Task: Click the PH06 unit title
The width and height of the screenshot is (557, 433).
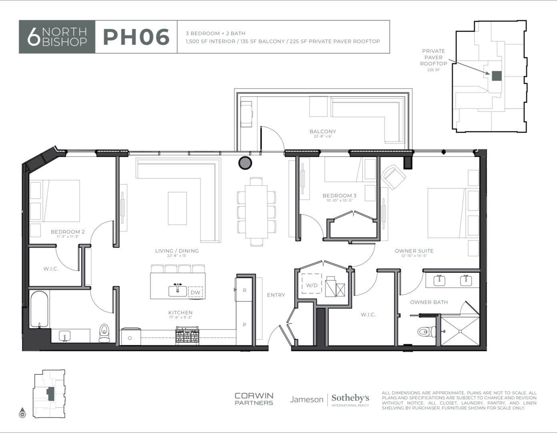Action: [x=136, y=37]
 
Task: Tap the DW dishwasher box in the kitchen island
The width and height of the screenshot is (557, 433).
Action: [x=195, y=292]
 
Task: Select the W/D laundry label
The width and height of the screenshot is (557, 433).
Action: [x=312, y=285]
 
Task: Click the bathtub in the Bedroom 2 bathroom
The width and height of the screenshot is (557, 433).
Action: [x=39, y=309]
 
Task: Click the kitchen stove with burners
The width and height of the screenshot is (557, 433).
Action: [x=187, y=334]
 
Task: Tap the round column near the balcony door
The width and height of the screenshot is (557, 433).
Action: [x=245, y=163]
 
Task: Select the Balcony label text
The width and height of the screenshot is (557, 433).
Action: [x=323, y=132]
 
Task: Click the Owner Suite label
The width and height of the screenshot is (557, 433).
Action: [x=414, y=251]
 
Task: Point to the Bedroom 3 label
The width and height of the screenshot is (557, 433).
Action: [x=339, y=196]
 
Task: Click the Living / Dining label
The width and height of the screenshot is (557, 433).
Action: [x=177, y=251]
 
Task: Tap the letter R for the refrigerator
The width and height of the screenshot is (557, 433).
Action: [x=245, y=290]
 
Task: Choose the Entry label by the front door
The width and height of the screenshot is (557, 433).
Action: [x=276, y=295]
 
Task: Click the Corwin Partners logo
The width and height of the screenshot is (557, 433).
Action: [x=254, y=399]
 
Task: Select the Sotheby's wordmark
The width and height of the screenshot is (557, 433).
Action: [x=350, y=398]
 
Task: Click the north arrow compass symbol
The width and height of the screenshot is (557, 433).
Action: [x=22, y=413]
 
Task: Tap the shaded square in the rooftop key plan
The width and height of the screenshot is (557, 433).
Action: [x=497, y=76]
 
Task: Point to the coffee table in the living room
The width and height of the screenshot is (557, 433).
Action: [x=177, y=208]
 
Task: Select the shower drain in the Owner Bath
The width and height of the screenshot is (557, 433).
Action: [x=460, y=332]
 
